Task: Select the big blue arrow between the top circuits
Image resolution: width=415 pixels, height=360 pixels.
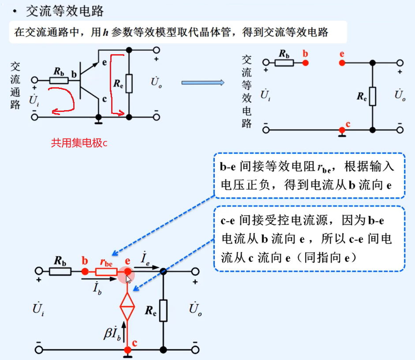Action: pos(203,82)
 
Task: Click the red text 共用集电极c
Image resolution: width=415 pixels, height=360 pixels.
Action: pos(79,143)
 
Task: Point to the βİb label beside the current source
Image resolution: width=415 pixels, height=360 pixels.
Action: pos(112,334)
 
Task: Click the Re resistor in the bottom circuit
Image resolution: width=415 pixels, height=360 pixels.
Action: pos(164,310)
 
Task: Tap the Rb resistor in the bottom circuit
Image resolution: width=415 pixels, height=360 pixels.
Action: pos(60,272)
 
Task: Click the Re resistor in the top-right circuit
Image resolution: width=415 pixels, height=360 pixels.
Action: pos(373,96)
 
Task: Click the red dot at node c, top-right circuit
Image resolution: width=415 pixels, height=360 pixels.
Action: pos(341,130)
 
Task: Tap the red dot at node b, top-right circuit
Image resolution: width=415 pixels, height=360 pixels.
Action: pos(305,63)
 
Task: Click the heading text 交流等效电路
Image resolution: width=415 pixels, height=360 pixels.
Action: pos(65,11)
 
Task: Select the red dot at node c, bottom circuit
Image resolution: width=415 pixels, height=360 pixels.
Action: pos(127,350)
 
